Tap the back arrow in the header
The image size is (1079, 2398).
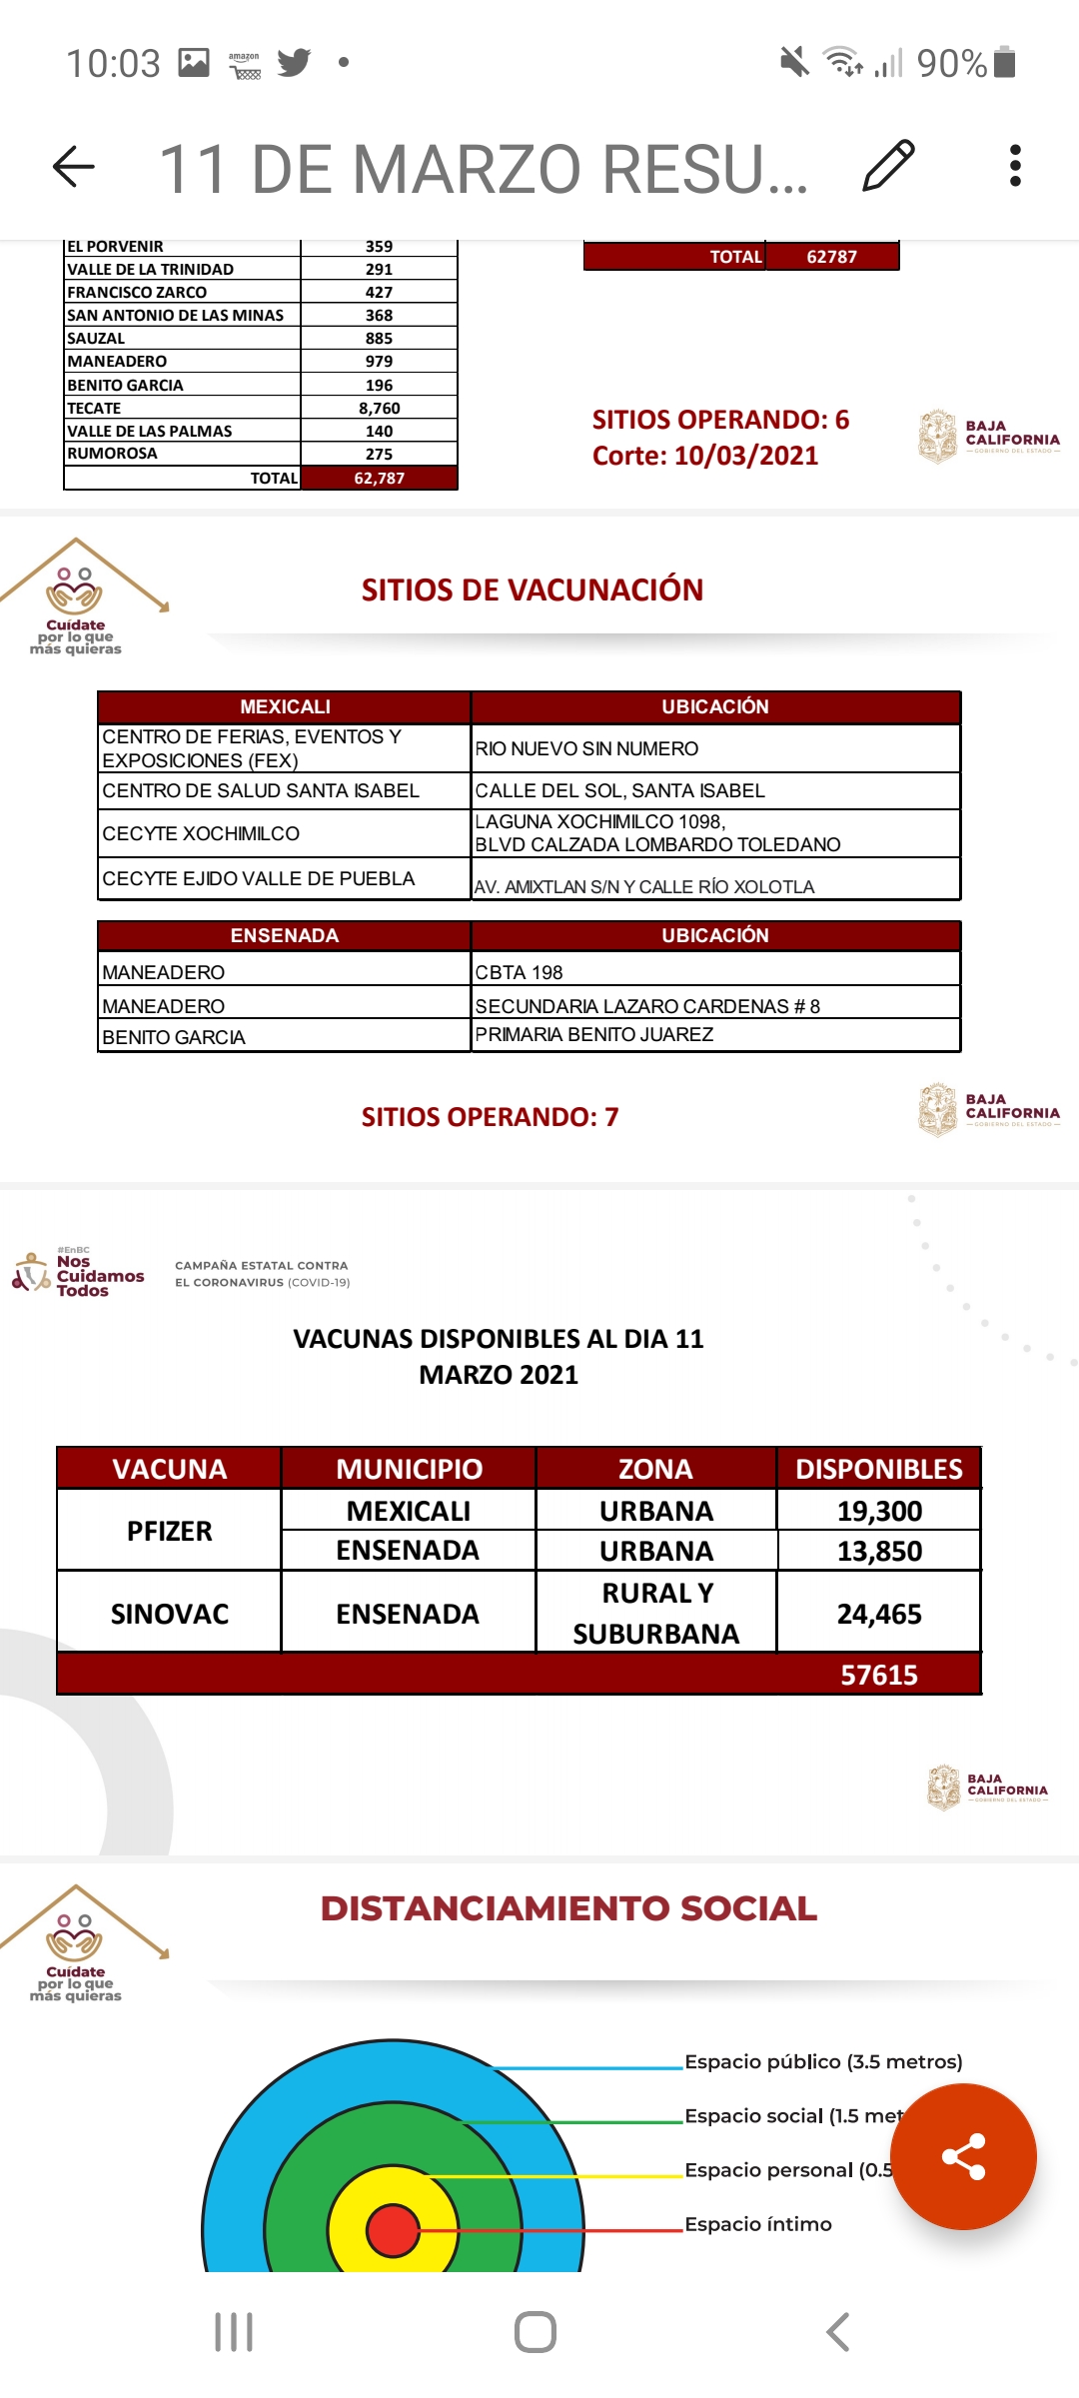[x=74, y=166]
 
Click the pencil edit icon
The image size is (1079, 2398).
[x=888, y=166]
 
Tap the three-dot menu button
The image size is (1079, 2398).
[x=1015, y=166]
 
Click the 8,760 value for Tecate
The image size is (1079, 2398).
[x=379, y=408]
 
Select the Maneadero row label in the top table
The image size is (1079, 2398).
[x=117, y=362]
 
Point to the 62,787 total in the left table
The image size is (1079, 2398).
[x=379, y=479]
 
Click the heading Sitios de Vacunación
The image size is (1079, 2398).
[x=533, y=591]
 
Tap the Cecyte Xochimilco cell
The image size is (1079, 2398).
[x=201, y=834]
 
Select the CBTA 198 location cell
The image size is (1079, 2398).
[x=520, y=972]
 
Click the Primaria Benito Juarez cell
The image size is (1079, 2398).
[x=594, y=1035]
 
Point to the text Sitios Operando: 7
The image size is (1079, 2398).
[x=490, y=1117]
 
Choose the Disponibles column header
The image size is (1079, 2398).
[x=878, y=1469]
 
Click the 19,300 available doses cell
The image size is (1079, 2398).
[x=879, y=1511]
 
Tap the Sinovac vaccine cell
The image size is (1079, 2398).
[x=170, y=1614]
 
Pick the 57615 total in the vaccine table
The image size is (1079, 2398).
[x=878, y=1675]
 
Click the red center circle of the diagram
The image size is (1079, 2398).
[x=393, y=2230]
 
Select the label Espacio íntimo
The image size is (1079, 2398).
[x=758, y=2224]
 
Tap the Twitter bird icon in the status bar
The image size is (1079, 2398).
[x=294, y=63]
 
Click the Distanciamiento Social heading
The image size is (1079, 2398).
[x=568, y=1908]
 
